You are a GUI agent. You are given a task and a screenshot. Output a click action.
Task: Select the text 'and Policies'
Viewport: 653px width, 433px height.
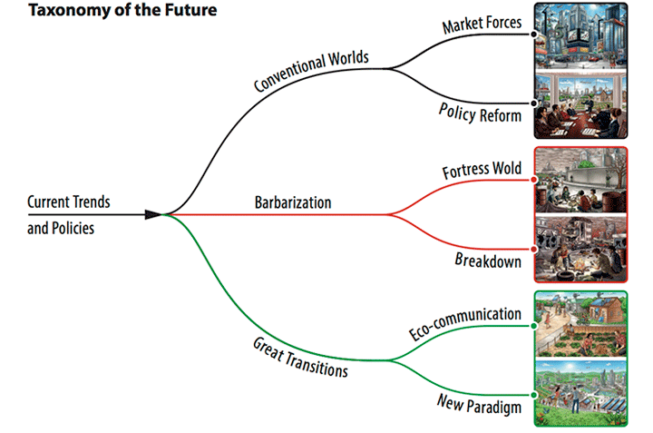tap(61, 228)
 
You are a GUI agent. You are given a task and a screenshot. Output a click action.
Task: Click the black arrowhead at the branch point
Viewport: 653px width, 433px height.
tap(152, 214)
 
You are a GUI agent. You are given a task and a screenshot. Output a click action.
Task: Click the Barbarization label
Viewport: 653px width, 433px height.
tap(293, 202)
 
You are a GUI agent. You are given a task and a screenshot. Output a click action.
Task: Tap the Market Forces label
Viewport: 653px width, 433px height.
tap(482, 24)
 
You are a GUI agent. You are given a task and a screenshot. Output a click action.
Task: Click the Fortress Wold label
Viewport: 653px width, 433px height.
tap(482, 170)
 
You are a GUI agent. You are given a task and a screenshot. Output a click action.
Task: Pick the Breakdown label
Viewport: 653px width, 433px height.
tap(488, 261)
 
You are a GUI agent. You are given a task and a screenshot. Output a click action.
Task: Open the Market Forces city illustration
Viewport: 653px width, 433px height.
tap(580, 35)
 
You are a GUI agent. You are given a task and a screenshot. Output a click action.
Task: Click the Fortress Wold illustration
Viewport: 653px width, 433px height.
tap(580, 180)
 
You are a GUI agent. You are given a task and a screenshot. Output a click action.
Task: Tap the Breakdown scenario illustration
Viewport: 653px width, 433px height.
tap(580, 247)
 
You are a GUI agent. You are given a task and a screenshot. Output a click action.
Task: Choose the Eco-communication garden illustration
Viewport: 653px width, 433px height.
tap(580, 324)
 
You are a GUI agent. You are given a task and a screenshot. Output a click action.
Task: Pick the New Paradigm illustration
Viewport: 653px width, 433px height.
tap(580, 392)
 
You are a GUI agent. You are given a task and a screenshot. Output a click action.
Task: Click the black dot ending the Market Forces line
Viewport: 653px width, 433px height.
tap(534, 34)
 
